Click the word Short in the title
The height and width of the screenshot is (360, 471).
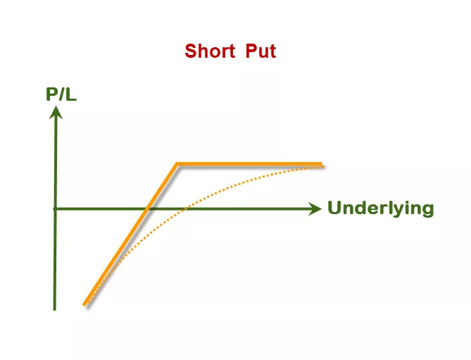pyautogui.click(x=210, y=51)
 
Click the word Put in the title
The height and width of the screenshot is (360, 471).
pyautogui.click(x=260, y=51)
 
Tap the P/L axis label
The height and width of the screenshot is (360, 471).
pyautogui.click(x=61, y=94)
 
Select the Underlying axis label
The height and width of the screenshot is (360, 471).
pyautogui.click(x=381, y=208)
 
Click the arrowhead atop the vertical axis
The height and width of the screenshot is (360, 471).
pyautogui.click(x=56, y=113)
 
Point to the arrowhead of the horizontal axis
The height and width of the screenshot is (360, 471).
pyautogui.click(x=315, y=209)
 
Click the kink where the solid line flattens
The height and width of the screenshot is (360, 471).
pyautogui.click(x=177, y=164)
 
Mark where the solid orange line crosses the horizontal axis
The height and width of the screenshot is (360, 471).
pyautogui.click(x=146, y=209)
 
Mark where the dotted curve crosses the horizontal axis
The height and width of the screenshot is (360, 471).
pyautogui.click(x=184, y=209)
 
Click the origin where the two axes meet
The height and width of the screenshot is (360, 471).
pyautogui.click(x=55, y=209)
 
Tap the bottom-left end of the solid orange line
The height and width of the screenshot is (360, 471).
pyautogui.click(x=84, y=304)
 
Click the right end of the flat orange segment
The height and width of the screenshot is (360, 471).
pyautogui.click(x=322, y=164)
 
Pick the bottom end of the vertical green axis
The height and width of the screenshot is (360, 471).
pyautogui.click(x=54, y=310)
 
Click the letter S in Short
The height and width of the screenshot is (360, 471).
pyautogui.click(x=191, y=51)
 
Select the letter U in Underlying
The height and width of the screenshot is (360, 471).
pyautogui.click(x=334, y=207)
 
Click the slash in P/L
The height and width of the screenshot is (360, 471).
pyautogui.click(x=61, y=94)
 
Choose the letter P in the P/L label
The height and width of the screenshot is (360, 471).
pyautogui.click(x=51, y=94)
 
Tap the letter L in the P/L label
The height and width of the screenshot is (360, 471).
pyautogui.click(x=71, y=94)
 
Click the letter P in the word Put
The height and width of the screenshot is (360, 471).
pyautogui.click(x=251, y=51)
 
